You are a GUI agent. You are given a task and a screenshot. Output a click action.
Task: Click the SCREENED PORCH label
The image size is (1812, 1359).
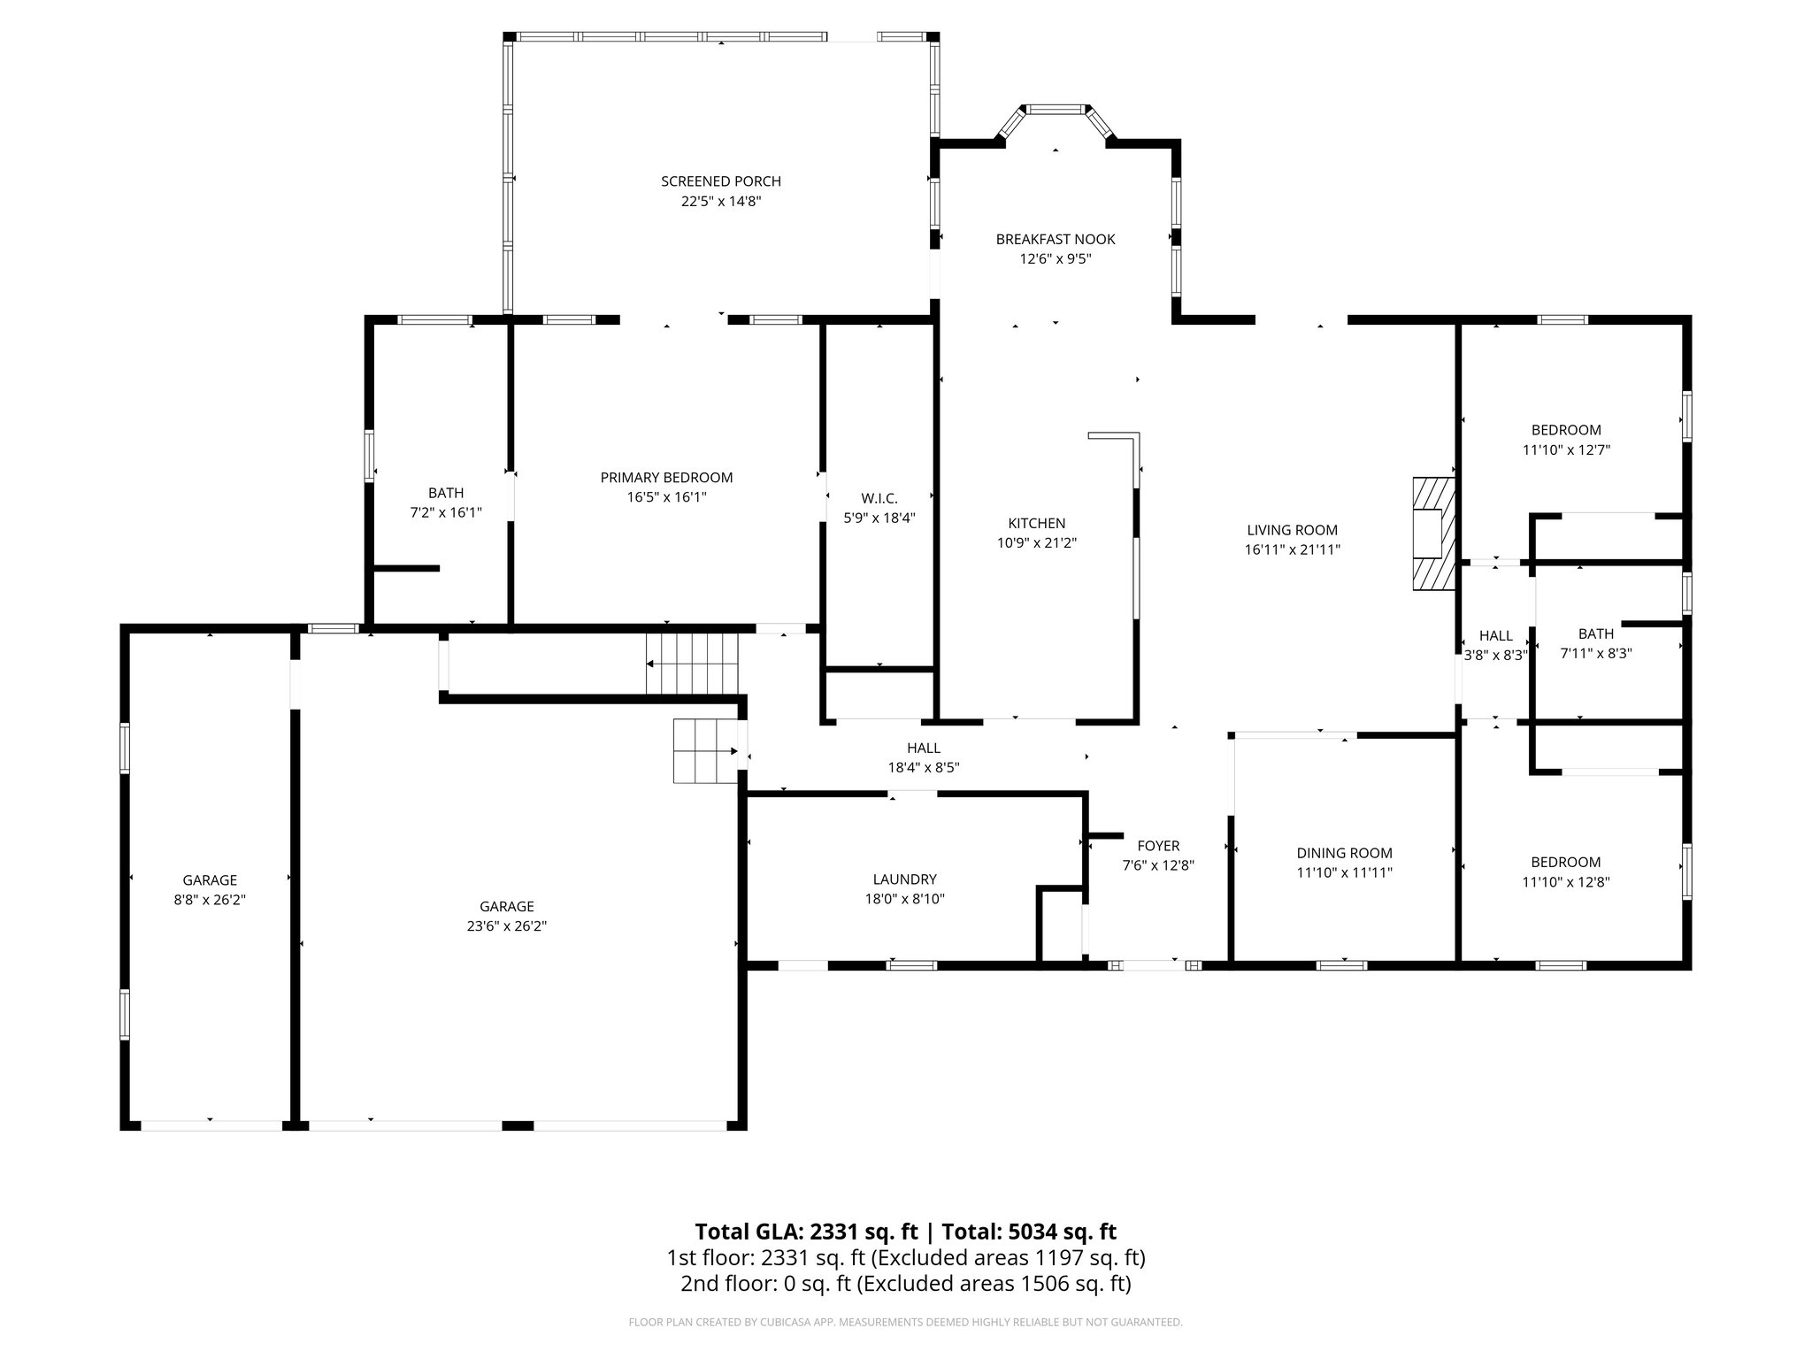point(720,181)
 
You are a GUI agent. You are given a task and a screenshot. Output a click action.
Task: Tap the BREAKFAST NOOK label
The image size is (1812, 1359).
point(1055,239)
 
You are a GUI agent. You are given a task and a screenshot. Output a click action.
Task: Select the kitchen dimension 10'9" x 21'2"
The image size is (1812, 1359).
point(1036,543)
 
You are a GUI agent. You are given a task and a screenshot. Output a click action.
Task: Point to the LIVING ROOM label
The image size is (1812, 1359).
point(1292,530)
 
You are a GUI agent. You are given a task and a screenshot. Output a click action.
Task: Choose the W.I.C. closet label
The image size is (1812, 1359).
point(879,499)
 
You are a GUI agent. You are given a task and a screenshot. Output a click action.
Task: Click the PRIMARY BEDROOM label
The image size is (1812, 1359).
point(666,478)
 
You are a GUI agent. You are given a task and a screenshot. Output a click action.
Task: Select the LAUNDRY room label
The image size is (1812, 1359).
point(903,879)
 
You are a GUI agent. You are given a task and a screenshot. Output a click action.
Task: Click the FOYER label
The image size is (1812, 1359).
point(1158,846)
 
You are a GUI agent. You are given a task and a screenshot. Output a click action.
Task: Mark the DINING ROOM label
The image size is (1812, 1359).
point(1344,853)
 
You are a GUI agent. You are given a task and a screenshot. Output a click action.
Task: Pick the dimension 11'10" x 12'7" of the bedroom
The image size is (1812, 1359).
point(1565,449)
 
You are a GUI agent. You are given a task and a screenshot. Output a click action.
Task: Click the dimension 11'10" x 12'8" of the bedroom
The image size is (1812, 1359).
point(1565,882)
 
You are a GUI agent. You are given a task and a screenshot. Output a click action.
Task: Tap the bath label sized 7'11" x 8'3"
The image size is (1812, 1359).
point(1595,633)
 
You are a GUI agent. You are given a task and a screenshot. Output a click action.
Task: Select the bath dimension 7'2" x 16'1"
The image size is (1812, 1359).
point(445,512)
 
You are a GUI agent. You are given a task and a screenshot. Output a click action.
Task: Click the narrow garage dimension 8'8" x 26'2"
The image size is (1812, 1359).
point(210,900)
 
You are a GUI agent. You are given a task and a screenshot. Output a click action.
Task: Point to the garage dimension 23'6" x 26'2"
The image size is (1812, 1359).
point(506,926)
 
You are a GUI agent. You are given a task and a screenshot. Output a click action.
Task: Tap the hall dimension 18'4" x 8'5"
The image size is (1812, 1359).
point(923,768)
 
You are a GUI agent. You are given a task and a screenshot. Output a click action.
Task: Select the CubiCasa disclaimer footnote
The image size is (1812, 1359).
point(905,1323)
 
